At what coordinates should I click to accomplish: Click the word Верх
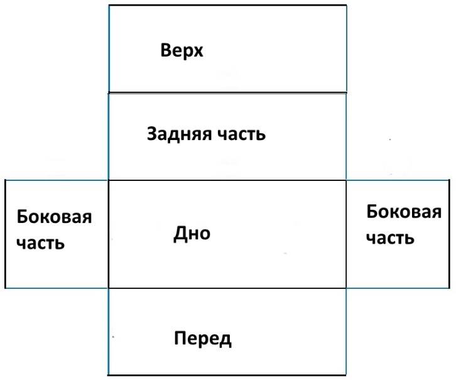pyautogui.click(x=182, y=51)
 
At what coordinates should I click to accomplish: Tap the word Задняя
pyautogui.click(x=179, y=134)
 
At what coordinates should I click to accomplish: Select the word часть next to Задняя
pyautogui.click(x=242, y=134)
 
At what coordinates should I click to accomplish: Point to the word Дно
pyautogui.click(x=192, y=234)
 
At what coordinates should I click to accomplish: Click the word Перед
pyautogui.click(x=203, y=339)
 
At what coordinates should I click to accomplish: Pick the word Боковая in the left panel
pyautogui.click(x=54, y=217)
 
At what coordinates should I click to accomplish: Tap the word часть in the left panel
pyautogui.click(x=40, y=243)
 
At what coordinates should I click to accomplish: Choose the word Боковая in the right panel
pyautogui.click(x=404, y=212)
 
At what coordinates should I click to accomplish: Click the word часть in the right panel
pyautogui.click(x=390, y=238)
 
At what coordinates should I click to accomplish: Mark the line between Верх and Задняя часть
pyautogui.click(x=227, y=93)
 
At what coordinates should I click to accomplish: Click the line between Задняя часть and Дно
pyautogui.click(x=227, y=180)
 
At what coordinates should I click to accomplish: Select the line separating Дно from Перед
pyautogui.click(x=227, y=288)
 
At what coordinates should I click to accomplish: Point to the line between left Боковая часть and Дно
pyautogui.click(x=109, y=234)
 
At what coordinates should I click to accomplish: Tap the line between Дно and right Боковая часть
pyautogui.click(x=346, y=234)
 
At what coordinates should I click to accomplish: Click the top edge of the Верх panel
pyautogui.click(x=228, y=5)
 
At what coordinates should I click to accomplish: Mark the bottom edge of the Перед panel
pyautogui.click(x=227, y=375)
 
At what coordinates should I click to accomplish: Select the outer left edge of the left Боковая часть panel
pyautogui.click(x=5, y=234)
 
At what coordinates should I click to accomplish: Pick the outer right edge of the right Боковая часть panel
pyautogui.click(x=449, y=234)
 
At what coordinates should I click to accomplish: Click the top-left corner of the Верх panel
pyautogui.click(x=109, y=5)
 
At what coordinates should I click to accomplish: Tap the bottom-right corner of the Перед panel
pyautogui.click(x=346, y=375)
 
